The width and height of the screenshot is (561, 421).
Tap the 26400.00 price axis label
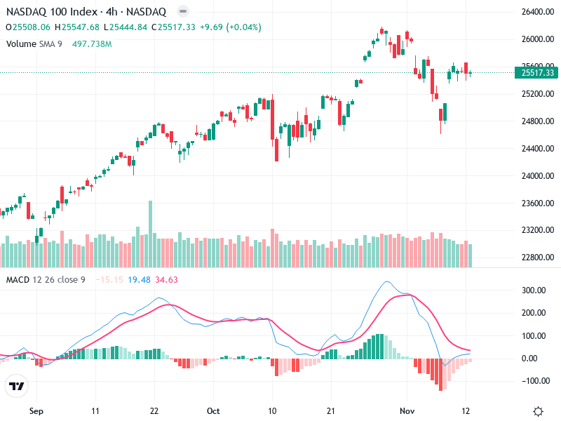pyautogui.click(x=535, y=13)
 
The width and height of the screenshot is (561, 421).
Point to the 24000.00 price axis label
pyautogui.click(x=535, y=176)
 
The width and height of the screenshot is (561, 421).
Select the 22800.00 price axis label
pyautogui.click(x=535, y=258)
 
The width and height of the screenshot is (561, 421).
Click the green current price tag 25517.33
pyautogui.click(x=534, y=72)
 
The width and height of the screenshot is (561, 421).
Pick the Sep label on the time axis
pyautogui.click(x=36, y=410)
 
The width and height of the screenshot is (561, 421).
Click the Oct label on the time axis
pyautogui.click(x=214, y=410)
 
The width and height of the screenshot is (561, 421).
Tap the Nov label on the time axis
pyautogui.click(x=407, y=410)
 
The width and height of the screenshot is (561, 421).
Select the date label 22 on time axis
pyautogui.click(x=155, y=410)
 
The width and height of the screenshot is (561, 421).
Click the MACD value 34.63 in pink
pyautogui.click(x=167, y=280)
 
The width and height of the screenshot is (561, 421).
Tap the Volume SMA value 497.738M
pyautogui.click(x=92, y=44)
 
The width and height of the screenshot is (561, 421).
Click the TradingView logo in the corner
pyautogui.click(x=16, y=386)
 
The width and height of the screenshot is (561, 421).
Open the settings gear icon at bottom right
pyautogui.click(x=538, y=410)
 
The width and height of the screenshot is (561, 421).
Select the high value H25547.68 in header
pyautogui.click(x=80, y=27)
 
